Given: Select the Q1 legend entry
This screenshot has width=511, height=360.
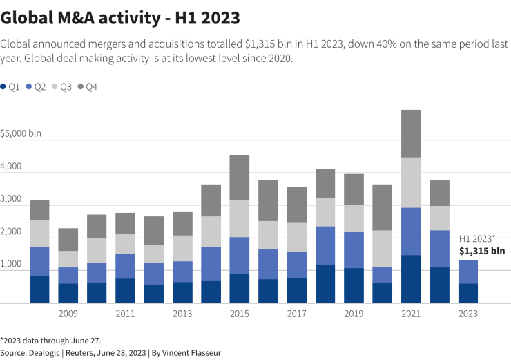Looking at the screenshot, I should (x=10, y=86).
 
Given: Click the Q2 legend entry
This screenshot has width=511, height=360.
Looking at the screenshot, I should (x=36, y=86).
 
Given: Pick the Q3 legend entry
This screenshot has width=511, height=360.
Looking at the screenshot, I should (x=61, y=86).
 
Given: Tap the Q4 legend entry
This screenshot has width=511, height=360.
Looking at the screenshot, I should (x=87, y=86).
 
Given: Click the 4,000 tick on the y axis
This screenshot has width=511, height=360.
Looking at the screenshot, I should (x=11, y=167).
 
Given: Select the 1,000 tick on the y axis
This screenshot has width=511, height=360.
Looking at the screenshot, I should (x=11, y=265).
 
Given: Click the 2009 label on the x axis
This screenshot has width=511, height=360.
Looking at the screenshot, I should (x=68, y=314).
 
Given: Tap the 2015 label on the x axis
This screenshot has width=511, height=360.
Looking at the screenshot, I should (x=239, y=314).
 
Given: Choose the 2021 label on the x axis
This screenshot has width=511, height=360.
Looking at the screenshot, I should (x=411, y=314).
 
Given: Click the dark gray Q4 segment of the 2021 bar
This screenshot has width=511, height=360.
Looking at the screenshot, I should (x=411, y=133).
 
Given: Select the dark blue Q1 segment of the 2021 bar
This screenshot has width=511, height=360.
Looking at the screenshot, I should (x=411, y=279).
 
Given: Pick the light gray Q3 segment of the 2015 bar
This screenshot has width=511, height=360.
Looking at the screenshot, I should (x=239, y=218).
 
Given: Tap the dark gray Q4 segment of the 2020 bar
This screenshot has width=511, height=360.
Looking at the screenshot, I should (x=383, y=207).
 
